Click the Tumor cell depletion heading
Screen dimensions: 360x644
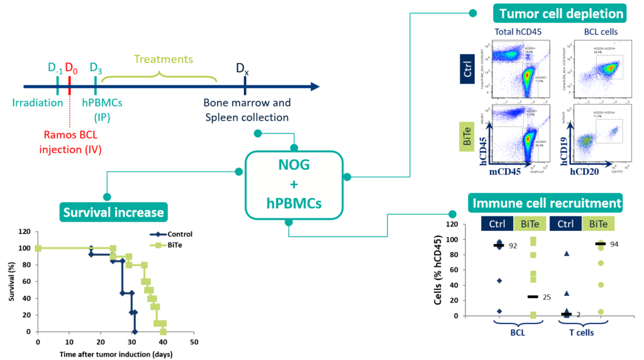[562, 13]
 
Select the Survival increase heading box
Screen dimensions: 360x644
[113, 212]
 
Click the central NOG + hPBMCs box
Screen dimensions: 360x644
[294, 185]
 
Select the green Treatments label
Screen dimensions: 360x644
[163, 60]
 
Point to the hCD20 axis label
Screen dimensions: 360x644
[587, 171]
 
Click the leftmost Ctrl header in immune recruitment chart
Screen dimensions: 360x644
[497, 224]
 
